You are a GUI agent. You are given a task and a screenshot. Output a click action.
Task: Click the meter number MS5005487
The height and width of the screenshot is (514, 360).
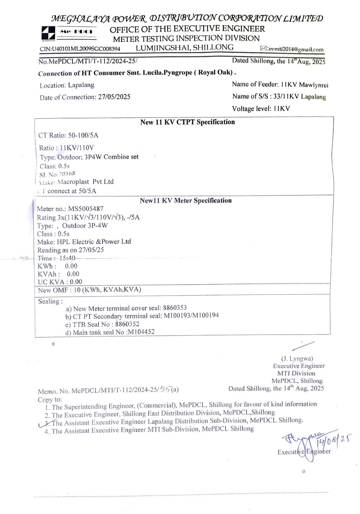tap(86, 209)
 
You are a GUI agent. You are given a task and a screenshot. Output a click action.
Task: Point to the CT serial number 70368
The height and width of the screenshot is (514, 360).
tap(67, 174)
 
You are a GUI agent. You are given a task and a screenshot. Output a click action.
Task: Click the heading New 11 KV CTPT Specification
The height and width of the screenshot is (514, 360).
tap(187, 122)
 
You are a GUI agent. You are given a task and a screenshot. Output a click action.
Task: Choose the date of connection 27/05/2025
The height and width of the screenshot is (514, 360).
tap(114, 97)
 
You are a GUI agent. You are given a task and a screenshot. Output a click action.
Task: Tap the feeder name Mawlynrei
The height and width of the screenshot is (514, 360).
tap(314, 85)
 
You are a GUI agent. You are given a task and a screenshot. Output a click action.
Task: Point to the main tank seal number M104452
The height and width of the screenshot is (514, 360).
tap(141, 332)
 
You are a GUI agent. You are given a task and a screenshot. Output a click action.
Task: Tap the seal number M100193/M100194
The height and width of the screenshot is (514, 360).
tap(191, 315)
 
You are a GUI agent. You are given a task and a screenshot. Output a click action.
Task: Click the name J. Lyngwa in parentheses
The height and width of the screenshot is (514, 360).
tap(297, 359)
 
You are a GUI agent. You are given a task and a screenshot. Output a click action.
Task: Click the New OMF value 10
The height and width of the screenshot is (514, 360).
tap(77, 290)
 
